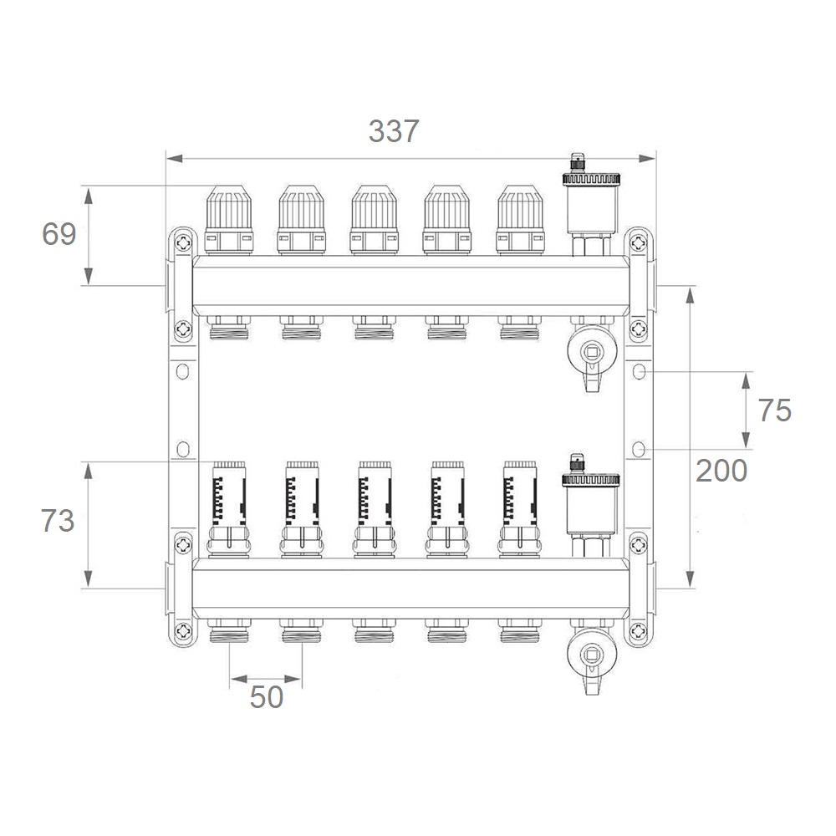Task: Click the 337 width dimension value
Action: (394, 131)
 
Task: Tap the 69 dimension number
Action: (59, 234)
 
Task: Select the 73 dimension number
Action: (58, 520)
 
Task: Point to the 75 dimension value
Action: (775, 410)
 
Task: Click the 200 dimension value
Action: (721, 470)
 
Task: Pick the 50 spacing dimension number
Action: (267, 697)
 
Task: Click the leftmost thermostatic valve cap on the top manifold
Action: (229, 220)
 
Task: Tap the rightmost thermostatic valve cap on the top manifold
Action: (520, 220)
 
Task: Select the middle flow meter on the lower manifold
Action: (375, 510)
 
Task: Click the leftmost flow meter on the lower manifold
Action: (229, 510)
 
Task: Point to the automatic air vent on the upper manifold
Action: (591, 205)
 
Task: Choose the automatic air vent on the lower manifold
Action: (591, 506)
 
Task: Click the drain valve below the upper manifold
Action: (592, 354)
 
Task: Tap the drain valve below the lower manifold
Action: (592, 657)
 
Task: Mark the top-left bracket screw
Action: (183, 243)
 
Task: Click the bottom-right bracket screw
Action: (638, 632)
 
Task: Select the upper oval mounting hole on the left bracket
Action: (183, 371)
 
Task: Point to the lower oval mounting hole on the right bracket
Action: (639, 450)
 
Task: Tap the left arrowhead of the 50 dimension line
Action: (239, 679)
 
